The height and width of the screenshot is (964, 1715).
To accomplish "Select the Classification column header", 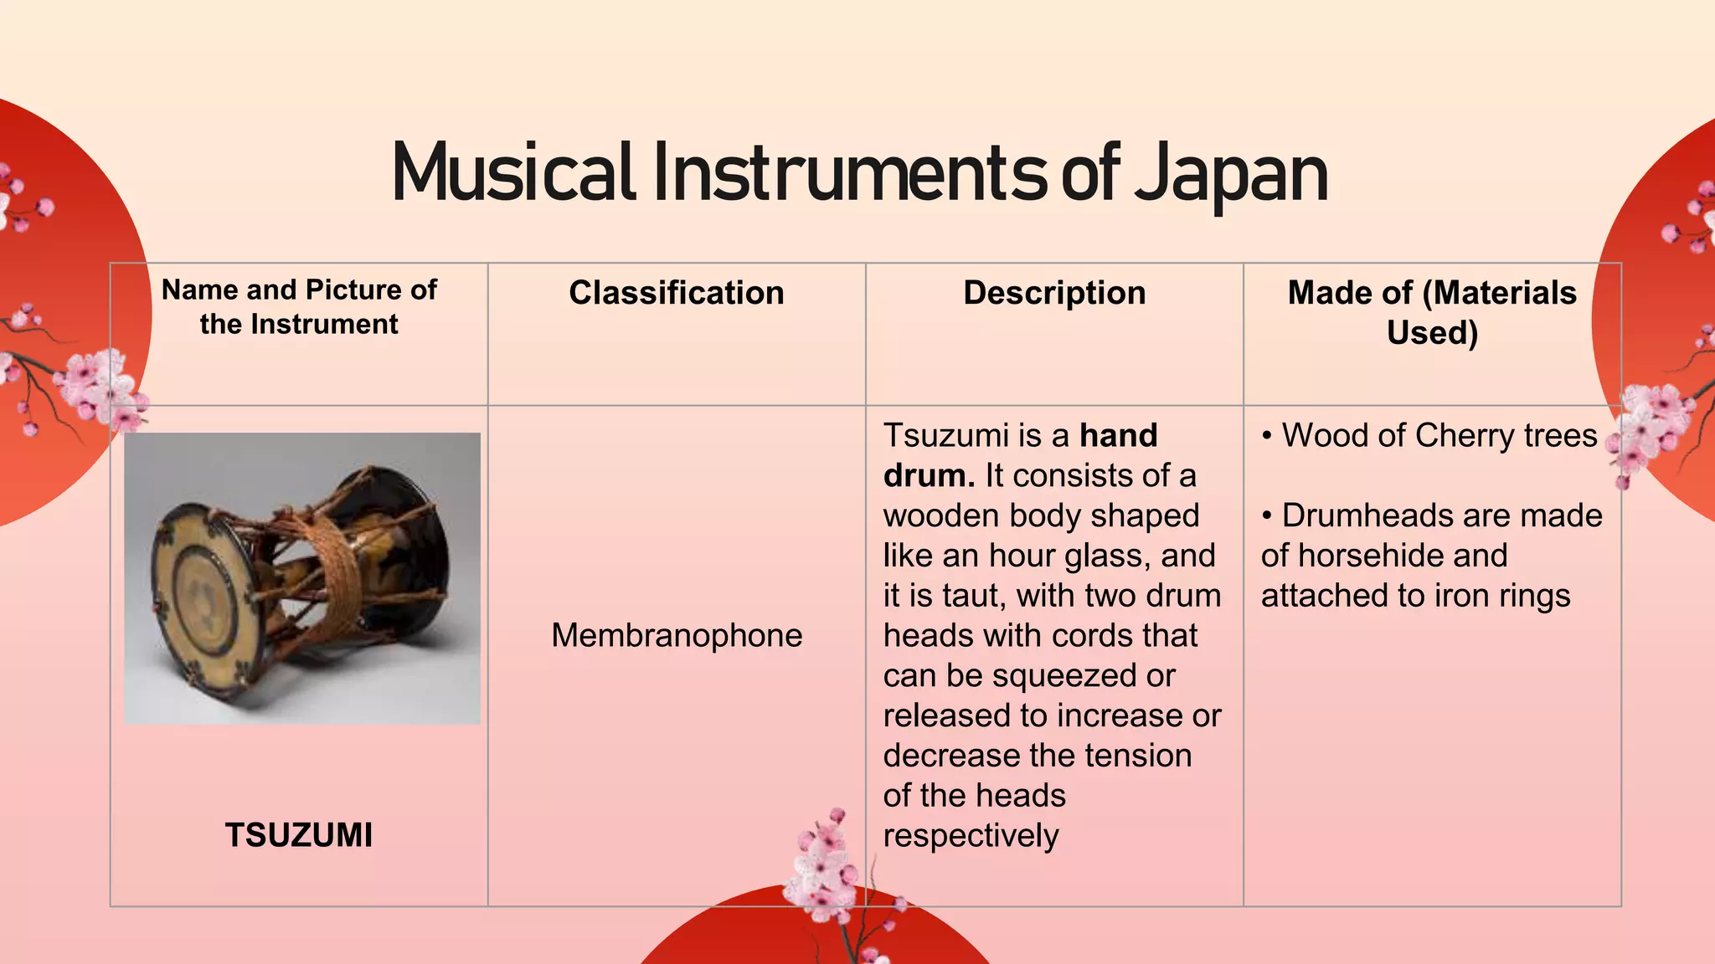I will [x=677, y=293].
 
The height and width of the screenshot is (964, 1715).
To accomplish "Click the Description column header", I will [x=1054, y=293].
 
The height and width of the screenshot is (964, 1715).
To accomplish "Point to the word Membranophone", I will [x=677, y=635].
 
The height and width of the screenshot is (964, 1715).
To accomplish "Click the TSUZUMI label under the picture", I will [x=299, y=835].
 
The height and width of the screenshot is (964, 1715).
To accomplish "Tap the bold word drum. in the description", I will [x=929, y=475].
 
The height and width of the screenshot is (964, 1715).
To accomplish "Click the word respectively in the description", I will [x=971, y=835].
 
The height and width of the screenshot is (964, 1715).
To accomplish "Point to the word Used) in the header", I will [x=1432, y=333].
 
